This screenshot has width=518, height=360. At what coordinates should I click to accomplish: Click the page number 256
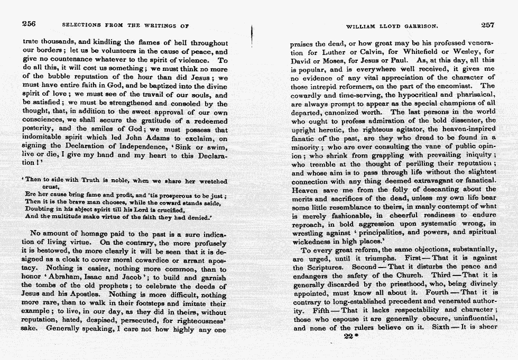coord(29,24)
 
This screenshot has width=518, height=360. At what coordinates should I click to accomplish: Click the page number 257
coord(488,24)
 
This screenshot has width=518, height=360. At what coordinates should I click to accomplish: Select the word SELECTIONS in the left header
coord(81,25)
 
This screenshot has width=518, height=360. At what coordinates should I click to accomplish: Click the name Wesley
coord(457,51)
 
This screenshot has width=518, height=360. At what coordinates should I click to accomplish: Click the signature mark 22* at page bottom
coord(348,337)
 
